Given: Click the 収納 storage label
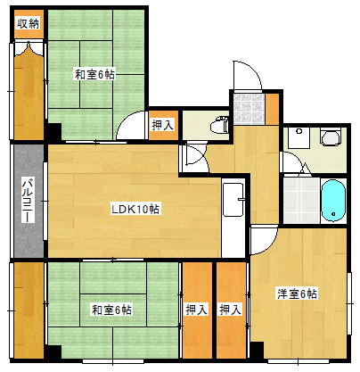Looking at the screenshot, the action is (29, 24).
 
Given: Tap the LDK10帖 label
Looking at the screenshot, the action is (135, 209).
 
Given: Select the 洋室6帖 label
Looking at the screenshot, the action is (297, 293).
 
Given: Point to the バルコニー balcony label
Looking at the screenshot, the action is (28, 200).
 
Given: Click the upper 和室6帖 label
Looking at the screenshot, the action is (94, 74).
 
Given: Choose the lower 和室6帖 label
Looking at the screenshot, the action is (111, 310).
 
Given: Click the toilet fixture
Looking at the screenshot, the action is (219, 125).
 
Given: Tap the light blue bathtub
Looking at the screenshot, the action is (333, 201).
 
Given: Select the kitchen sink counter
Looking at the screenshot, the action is (233, 199).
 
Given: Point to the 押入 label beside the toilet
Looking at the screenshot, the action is (163, 125).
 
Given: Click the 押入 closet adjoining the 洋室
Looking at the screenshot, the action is (231, 310).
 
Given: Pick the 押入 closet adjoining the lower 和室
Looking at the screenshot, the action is (197, 310).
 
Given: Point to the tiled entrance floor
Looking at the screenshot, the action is (249, 109).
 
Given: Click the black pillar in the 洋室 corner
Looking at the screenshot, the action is (257, 350).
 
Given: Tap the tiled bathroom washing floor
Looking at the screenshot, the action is (301, 201).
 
